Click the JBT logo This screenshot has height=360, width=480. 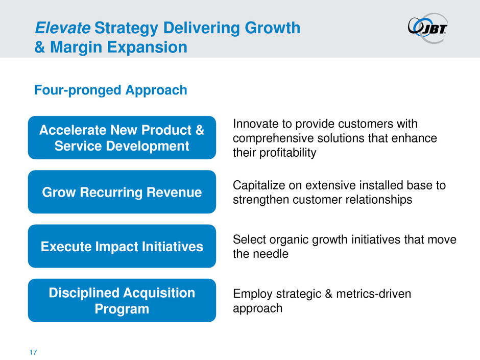427,28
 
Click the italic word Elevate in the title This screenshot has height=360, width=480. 63,28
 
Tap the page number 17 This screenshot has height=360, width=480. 33,352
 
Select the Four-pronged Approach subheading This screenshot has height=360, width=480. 110,90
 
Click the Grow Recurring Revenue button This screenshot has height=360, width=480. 122,192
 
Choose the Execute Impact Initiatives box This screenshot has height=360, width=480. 122,246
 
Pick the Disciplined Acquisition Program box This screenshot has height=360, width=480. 122,300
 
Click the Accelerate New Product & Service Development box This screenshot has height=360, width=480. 122,138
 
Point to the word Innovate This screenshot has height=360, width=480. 256,124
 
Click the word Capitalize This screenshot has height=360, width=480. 257,186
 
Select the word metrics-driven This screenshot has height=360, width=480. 373,294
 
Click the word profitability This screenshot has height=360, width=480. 288,153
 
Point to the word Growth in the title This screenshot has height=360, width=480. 273,28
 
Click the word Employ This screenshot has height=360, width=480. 253,295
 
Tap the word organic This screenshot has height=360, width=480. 289,240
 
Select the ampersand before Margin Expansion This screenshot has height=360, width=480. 40,47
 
